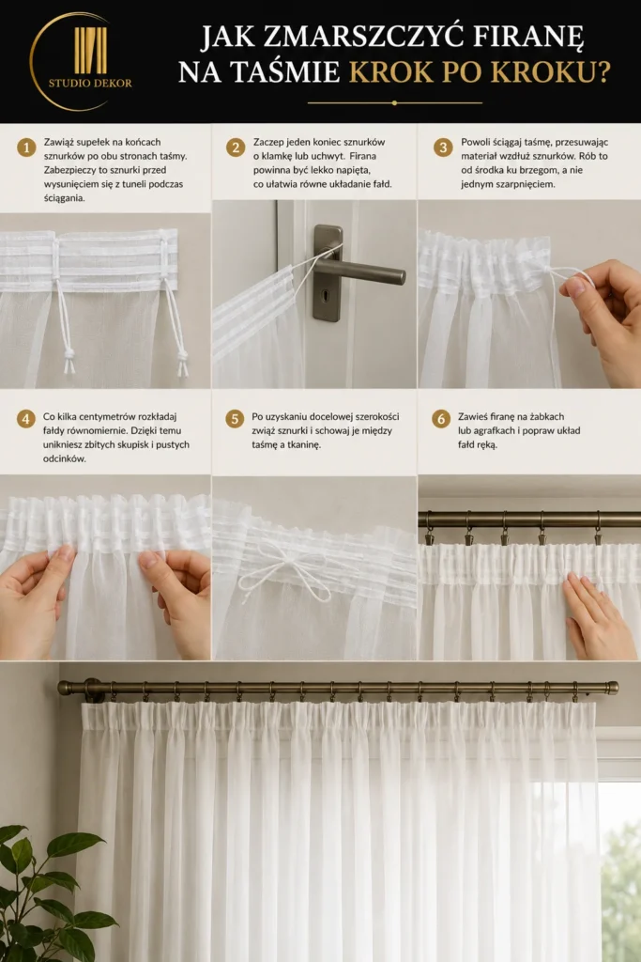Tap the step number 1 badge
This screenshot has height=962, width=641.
pyautogui.click(x=26, y=147)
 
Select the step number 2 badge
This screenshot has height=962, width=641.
pyautogui.click(x=236, y=147)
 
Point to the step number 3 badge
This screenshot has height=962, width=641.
pyautogui.click(x=443, y=147)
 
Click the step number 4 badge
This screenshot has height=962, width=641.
pyautogui.click(x=25, y=419)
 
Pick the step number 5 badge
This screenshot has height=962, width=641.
pyautogui.click(x=235, y=419)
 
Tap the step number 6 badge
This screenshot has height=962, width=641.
pyautogui.click(x=441, y=419)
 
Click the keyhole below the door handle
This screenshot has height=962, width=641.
pyautogui.click(x=326, y=296)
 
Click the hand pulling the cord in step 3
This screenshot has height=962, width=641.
pyautogui.click(x=603, y=319)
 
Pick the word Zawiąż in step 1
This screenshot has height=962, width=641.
pyautogui.click(x=57, y=143)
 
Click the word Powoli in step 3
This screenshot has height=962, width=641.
pyautogui.click(x=475, y=142)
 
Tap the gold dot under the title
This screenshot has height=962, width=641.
pyautogui.click(x=395, y=103)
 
